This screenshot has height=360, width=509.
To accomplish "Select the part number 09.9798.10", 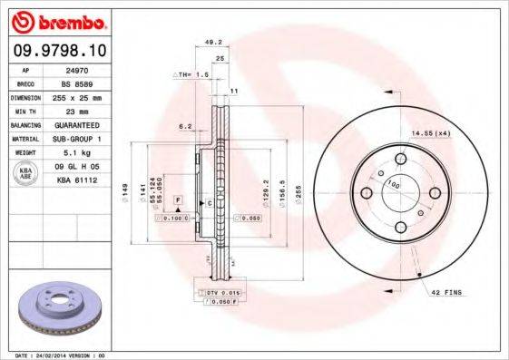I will tap(56, 50).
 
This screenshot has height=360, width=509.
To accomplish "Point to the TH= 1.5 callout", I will tap(192, 74).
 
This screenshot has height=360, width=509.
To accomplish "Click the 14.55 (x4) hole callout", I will tap(430, 134).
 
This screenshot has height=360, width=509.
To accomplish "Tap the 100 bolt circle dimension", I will tap(393, 185).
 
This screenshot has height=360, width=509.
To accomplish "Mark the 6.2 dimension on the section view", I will tap(184, 127).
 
